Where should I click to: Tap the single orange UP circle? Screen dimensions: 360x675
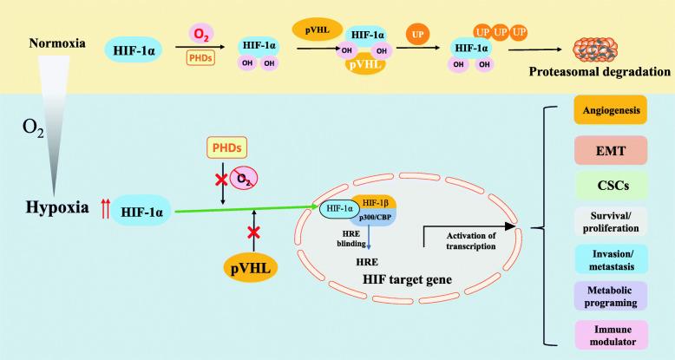tap(416, 36)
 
